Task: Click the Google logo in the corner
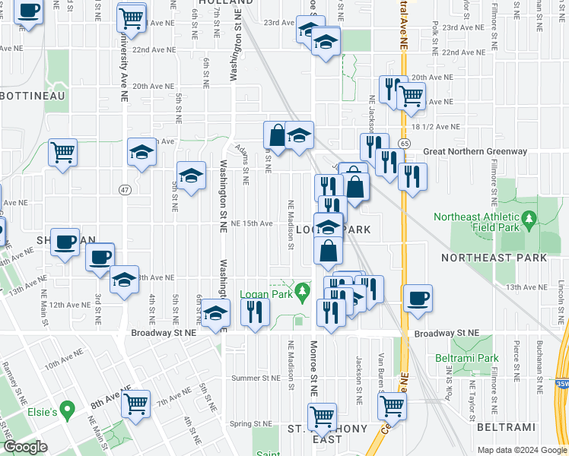pos(25,447)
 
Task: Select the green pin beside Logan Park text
pos(304,290)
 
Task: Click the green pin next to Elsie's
pos(68,411)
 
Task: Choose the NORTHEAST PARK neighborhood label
pos(494,258)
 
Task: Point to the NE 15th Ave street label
pos(252,223)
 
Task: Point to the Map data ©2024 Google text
pos(523,450)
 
